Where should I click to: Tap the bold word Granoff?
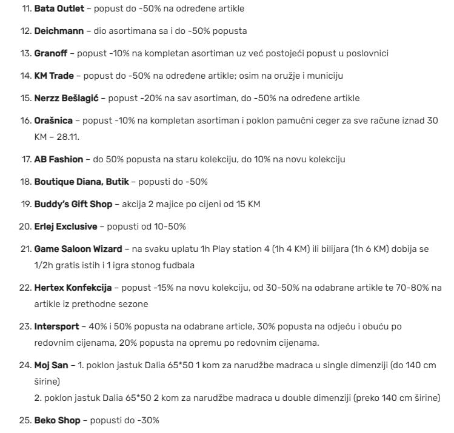click(52, 53)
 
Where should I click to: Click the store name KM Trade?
click(54, 75)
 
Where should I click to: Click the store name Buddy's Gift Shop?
click(73, 204)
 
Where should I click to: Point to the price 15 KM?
click(248, 204)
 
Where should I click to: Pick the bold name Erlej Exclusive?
click(65, 226)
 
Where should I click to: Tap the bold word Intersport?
click(56, 326)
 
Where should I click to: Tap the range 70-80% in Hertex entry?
click(398, 287)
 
